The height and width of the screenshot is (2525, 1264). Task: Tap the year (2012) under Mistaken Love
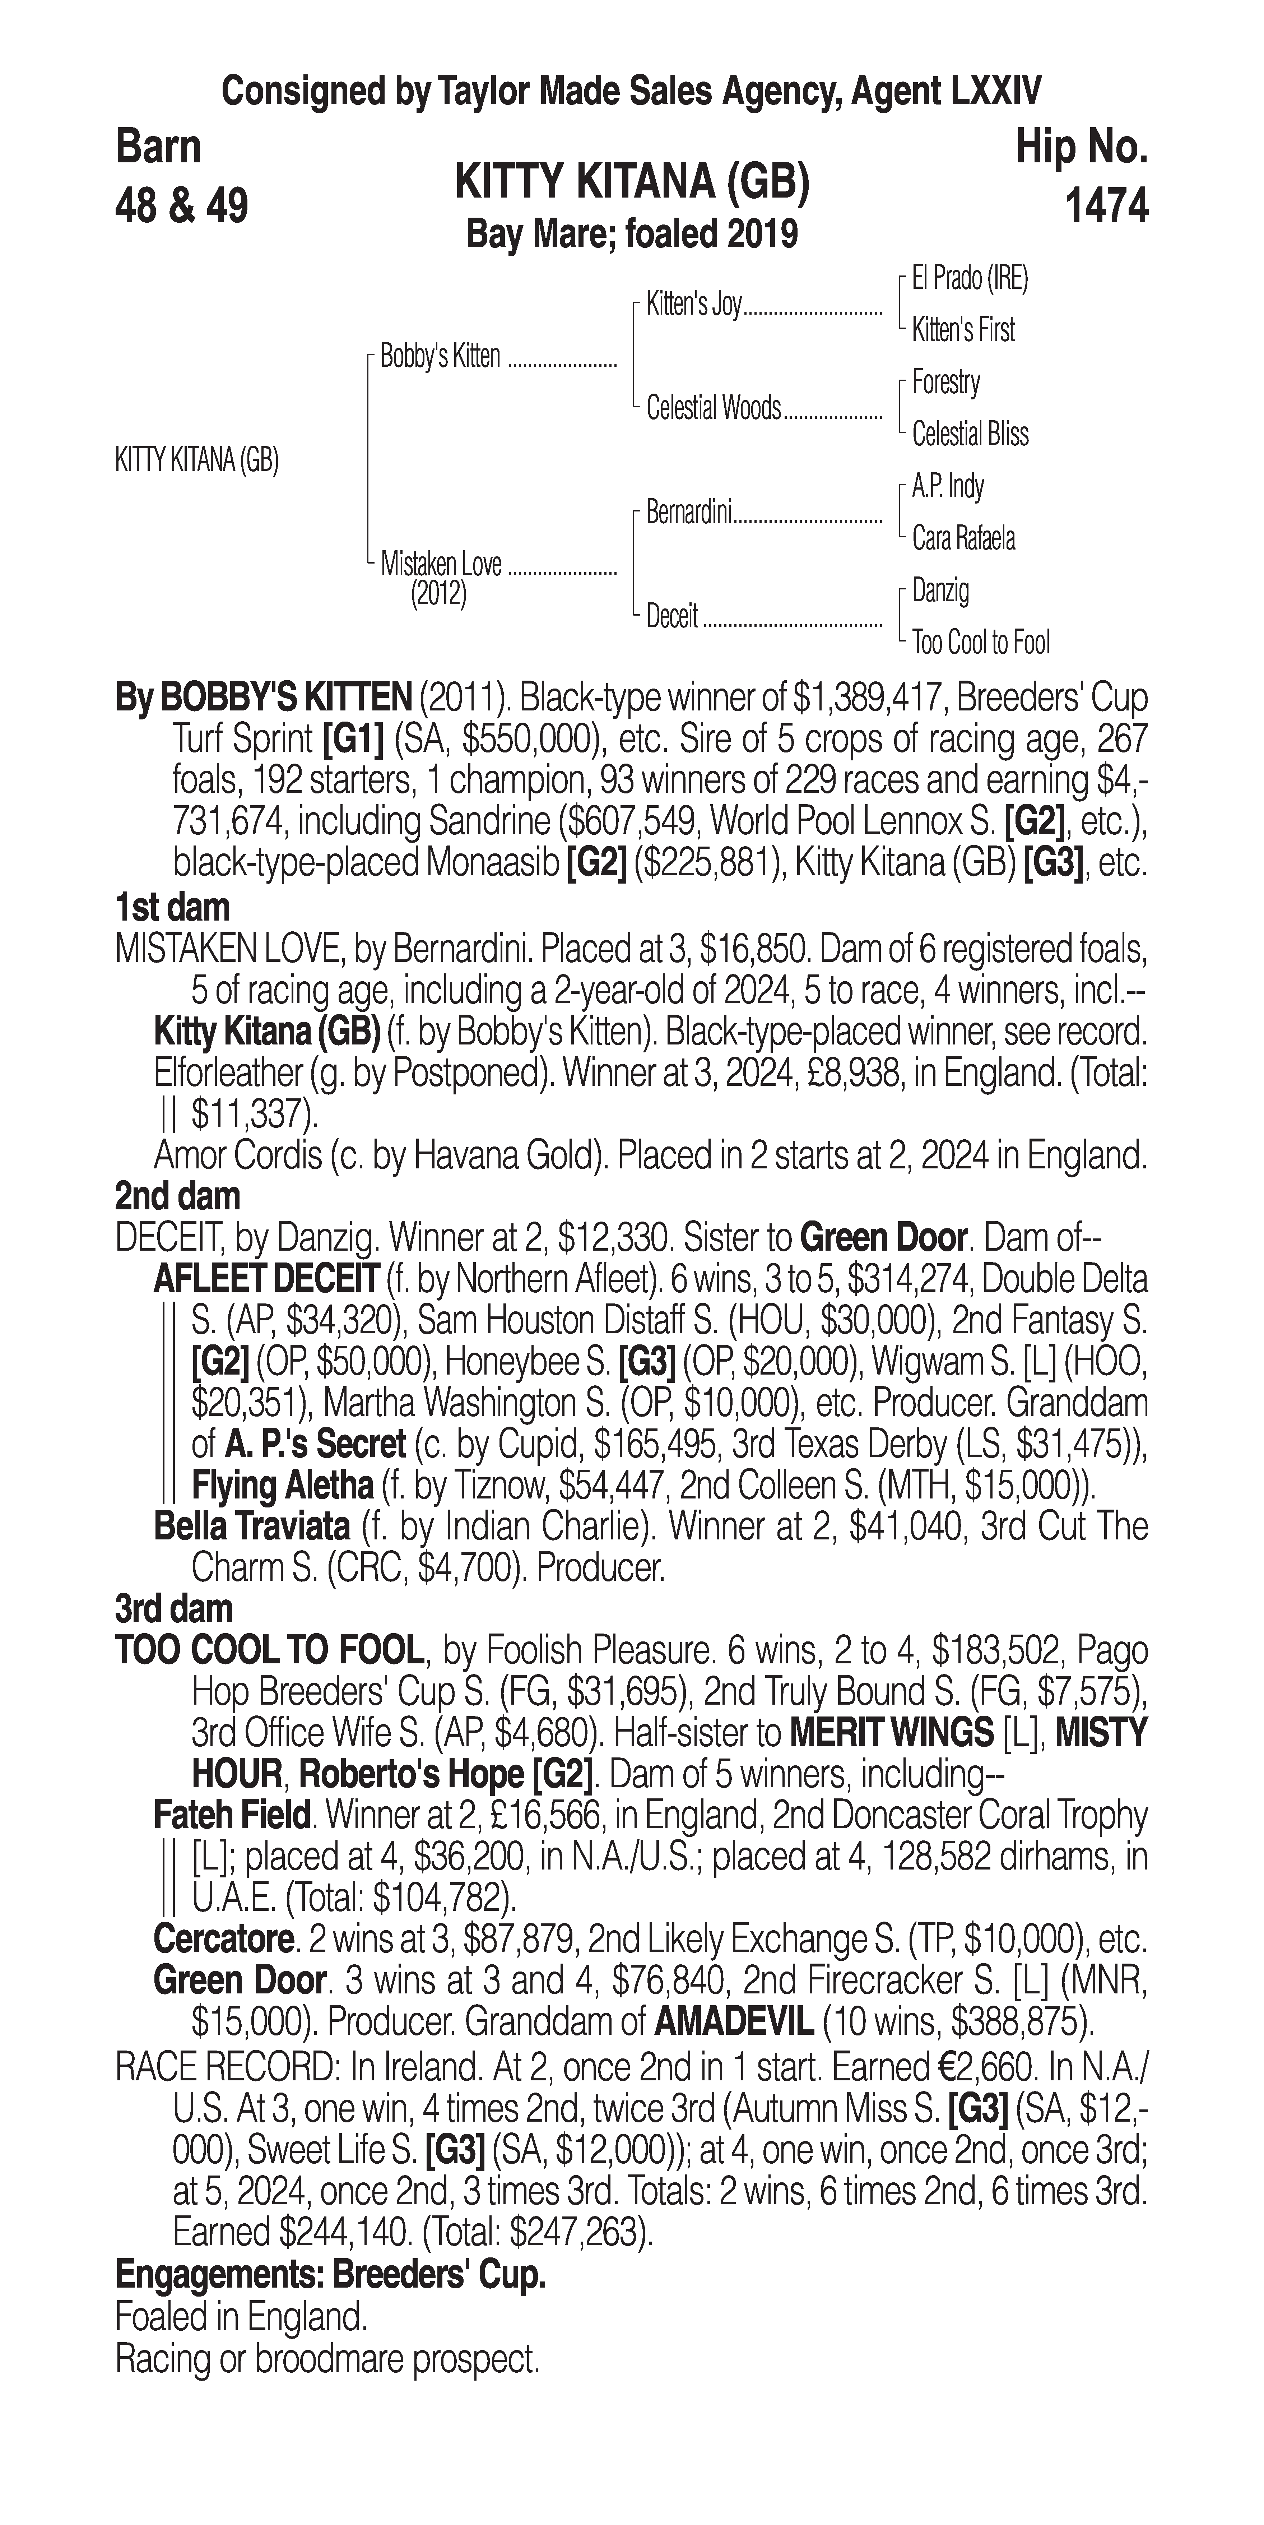tap(438, 594)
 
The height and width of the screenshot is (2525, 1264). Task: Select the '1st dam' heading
tap(172, 907)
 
